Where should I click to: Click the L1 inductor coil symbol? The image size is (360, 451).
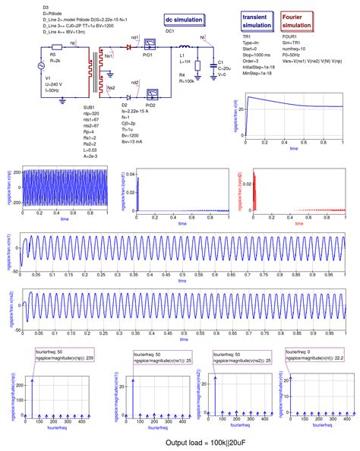point(184,46)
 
